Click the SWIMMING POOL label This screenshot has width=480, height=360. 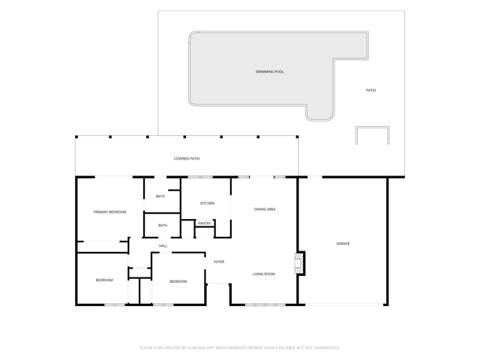pos(269,72)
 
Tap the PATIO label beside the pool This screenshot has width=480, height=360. pos(370,90)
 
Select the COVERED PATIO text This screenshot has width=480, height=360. pos(187,158)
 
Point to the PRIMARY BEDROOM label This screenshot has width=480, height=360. pos(110,211)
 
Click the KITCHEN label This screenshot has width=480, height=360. pos(207,203)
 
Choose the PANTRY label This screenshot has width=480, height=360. pos(205,223)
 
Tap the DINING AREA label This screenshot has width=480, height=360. pos(265,209)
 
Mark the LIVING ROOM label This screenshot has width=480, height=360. pos(263,274)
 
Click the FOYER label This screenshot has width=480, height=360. pos(219,262)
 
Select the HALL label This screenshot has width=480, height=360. pos(163,246)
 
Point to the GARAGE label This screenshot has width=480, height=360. pos(343,244)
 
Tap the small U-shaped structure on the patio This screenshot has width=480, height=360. pos(373,127)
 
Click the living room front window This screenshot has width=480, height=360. pos(265,305)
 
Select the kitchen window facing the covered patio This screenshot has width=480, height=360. pos(200,177)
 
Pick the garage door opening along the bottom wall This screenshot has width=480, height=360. pos(344,305)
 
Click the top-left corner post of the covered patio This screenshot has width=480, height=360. pos(76,136)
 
